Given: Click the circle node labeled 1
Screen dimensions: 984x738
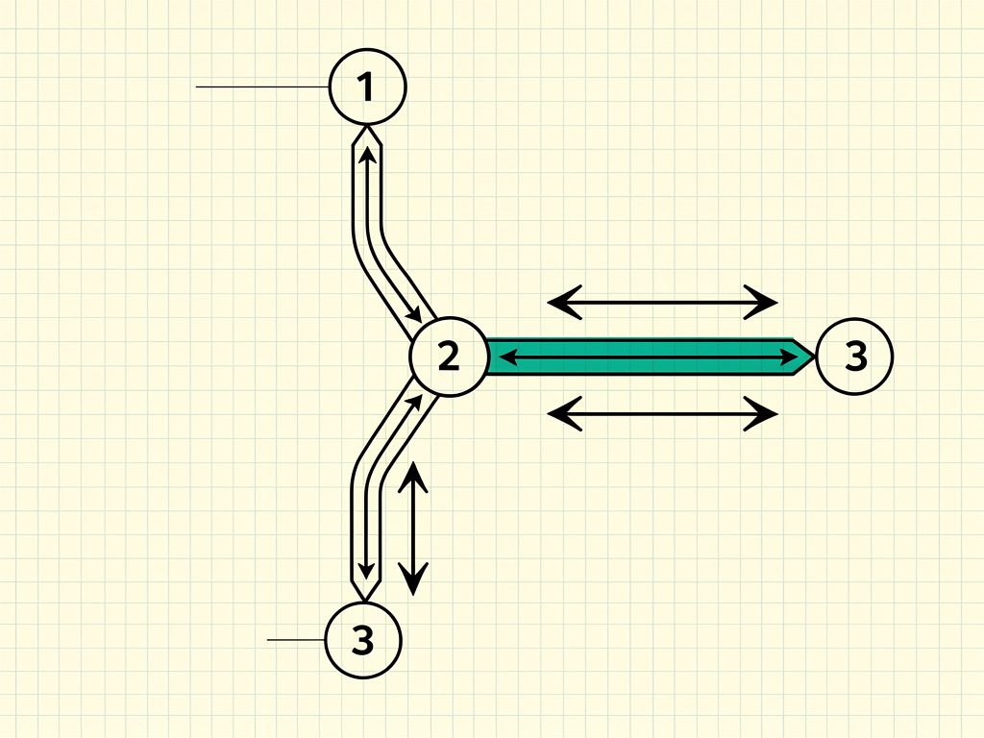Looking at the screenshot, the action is pos(368,86).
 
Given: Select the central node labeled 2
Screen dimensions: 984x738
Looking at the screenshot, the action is pos(449,357).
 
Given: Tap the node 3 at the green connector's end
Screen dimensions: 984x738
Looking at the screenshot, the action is pos(854,356).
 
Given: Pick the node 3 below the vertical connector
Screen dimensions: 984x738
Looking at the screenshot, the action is pos(363,640).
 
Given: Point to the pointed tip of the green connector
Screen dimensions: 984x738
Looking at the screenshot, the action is pos(814,357).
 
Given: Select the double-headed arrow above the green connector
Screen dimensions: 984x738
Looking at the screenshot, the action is pos(663,302).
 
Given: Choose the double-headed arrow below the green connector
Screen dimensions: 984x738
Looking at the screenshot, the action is pos(663,413).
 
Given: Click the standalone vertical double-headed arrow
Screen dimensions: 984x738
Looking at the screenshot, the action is pos(413,529).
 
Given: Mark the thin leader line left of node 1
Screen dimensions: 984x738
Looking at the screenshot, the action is pos(262,86).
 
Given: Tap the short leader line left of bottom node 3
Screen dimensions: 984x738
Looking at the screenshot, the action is pos(296,640).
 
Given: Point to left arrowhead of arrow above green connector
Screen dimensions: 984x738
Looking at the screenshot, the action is pos(564,302).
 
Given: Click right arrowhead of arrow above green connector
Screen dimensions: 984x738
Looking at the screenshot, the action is pos(761,302).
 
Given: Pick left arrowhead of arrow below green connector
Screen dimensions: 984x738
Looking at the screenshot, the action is pos(564,413).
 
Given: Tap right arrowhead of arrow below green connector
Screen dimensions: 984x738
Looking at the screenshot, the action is pos(761,413).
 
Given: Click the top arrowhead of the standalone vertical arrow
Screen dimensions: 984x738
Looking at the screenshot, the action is pos(413,477).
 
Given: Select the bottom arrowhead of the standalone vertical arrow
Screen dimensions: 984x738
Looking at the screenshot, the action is pos(413,579).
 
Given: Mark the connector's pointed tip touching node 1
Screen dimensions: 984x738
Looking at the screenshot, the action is pos(367,126).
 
